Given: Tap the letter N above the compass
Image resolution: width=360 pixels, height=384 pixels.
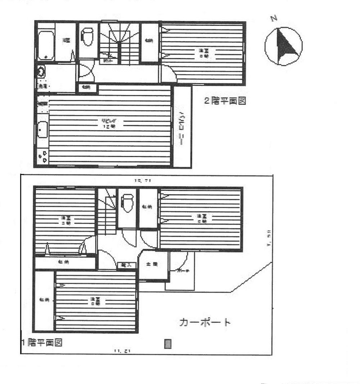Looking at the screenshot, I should click(x=274, y=19).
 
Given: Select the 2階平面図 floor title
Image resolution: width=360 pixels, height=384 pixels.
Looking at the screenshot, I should click(x=225, y=101).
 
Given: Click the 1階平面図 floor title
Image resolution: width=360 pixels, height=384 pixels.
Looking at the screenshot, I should click(x=42, y=343).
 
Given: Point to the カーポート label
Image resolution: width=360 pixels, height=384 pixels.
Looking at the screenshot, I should click(x=204, y=322).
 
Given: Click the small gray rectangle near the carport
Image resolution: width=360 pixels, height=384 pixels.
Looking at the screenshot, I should click(x=167, y=344).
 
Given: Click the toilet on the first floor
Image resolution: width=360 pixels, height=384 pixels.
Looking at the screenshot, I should click(x=127, y=203).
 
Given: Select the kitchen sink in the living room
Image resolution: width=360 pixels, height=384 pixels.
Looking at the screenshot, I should click(x=42, y=130).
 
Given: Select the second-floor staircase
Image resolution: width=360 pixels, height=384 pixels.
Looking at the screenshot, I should click(x=119, y=43).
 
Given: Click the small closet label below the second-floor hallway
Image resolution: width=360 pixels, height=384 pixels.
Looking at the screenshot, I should click(x=86, y=87).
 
